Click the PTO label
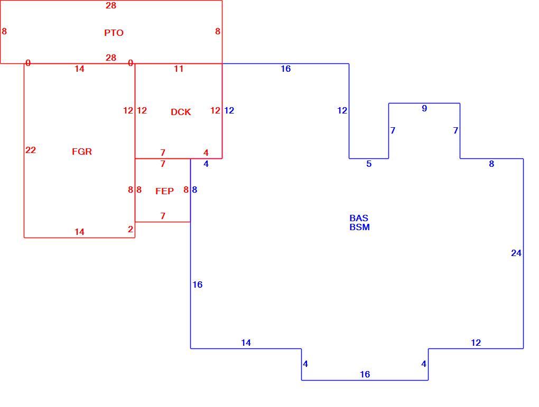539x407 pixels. click(114, 33)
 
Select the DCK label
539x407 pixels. click(181, 112)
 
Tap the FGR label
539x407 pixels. click(82, 152)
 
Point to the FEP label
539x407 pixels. click(164, 191)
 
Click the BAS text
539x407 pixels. click(359, 218)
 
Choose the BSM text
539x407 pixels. click(359, 227)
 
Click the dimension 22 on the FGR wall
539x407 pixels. click(31, 150)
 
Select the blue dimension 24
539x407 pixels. click(516, 253)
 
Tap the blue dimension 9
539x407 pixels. click(424, 109)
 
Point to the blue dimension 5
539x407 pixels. click(369, 164)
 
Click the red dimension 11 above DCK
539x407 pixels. click(179, 69)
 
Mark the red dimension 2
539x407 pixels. click(131, 229)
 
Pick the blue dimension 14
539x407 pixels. click(246, 343)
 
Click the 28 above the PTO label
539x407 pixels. click(111, 5)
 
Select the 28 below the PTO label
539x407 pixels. click(111, 58)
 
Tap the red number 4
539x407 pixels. click(206, 153)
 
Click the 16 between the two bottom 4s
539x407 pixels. click(365, 374)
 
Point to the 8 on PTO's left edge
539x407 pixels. click(4, 31)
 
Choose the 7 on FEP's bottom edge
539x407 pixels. click(163, 216)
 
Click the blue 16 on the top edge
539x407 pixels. click(286, 69)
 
